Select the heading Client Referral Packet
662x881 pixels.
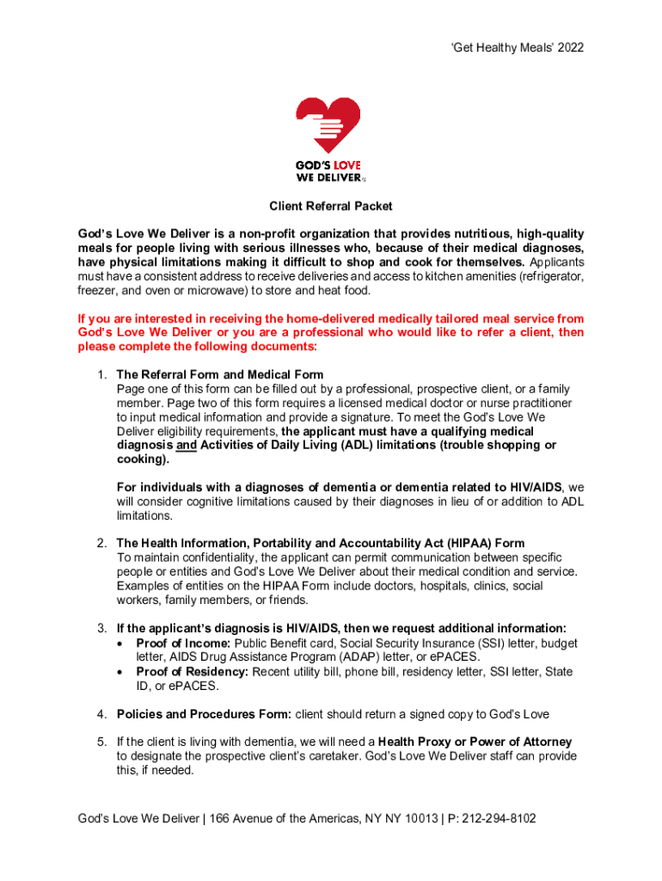tap(331, 206)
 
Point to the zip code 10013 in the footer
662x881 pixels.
tap(416, 818)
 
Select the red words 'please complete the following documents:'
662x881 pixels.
tap(198, 347)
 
